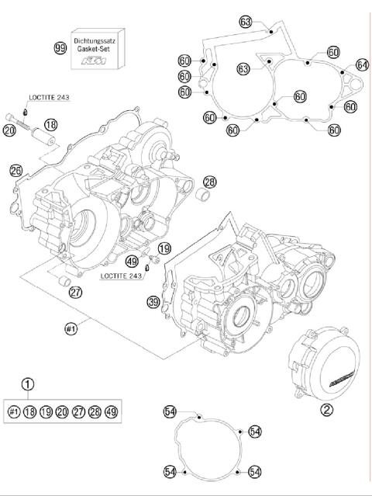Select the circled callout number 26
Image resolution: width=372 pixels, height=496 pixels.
click(x=16, y=170)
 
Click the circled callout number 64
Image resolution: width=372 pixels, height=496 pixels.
click(x=361, y=64)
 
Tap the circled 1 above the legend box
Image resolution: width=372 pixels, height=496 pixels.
click(x=28, y=383)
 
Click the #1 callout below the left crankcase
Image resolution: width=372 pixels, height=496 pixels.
click(x=72, y=328)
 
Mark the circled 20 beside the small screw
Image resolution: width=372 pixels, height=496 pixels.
click(x=9, y=131)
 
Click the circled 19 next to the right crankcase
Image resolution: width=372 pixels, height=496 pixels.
click(x=164, y=248)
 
